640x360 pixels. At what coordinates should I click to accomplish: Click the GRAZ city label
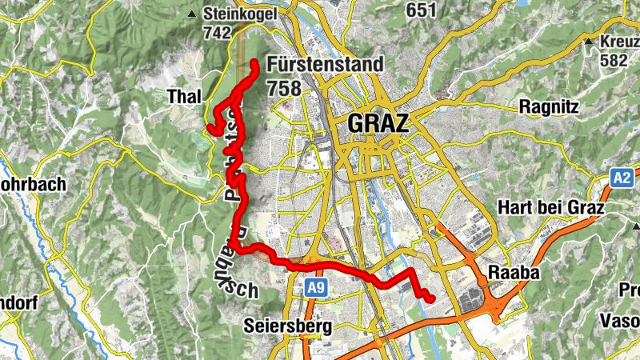pos(378,124)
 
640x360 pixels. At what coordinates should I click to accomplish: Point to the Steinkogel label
pos(239,14)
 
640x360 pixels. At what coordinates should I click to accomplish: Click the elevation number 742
pos(218,34)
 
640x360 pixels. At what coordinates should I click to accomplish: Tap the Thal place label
pos(183,97)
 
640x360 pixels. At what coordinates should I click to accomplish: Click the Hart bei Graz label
pos(552,208)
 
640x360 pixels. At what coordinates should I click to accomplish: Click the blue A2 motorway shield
pos(622,178)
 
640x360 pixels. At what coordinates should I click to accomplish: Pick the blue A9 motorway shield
pos(314,286)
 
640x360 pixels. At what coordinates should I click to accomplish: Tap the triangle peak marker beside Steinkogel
pos(191,14)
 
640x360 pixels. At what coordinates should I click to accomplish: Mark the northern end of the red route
pos(254,62)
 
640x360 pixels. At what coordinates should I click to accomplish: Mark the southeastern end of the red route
pos(431,299)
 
